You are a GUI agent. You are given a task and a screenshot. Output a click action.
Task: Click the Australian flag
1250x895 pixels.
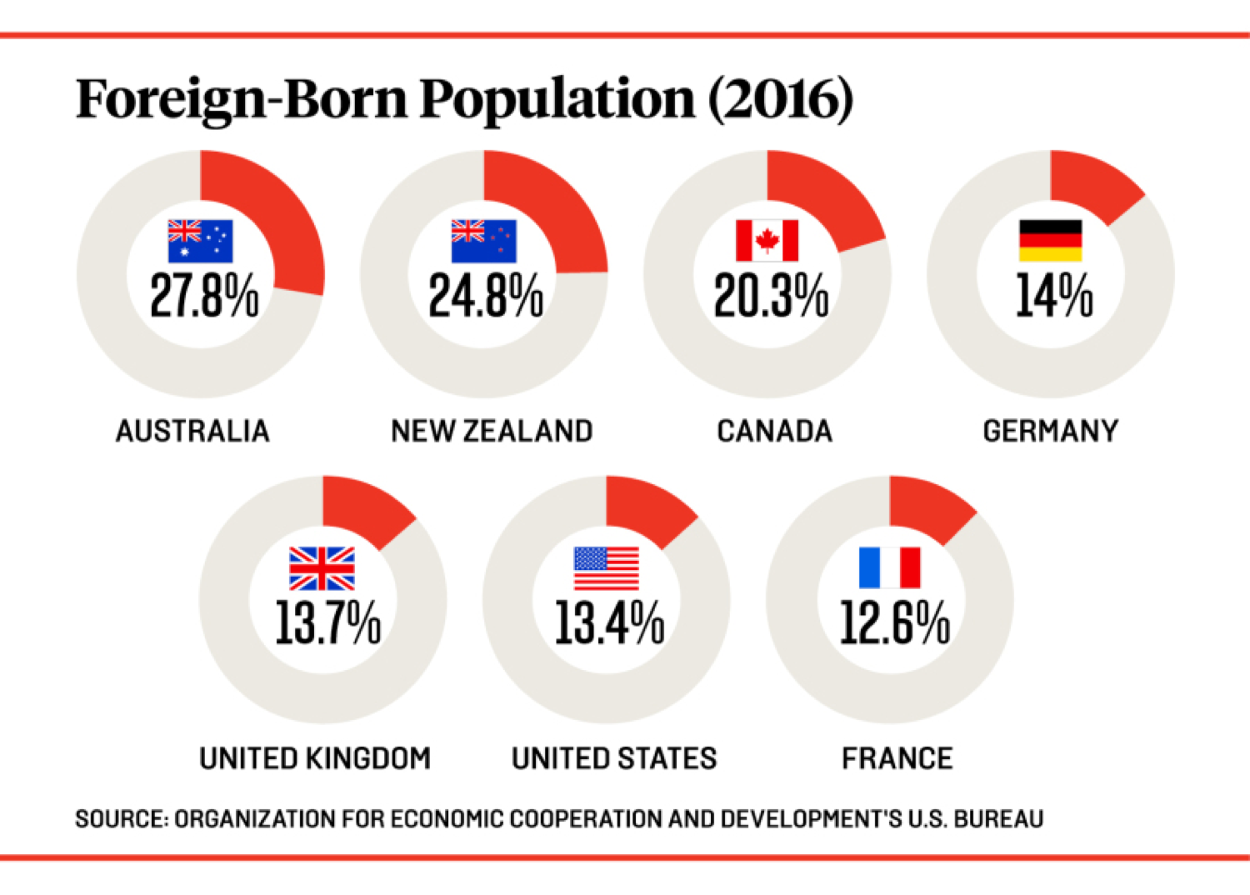200,241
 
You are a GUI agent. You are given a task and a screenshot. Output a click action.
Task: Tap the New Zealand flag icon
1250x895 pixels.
483,241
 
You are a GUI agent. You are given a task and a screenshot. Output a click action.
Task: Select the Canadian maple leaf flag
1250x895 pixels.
767,241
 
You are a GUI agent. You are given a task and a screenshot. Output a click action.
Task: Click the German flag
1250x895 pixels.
1050,241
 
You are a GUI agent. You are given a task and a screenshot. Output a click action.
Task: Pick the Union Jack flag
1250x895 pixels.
322,568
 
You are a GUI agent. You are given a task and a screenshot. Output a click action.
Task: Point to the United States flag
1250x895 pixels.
606,568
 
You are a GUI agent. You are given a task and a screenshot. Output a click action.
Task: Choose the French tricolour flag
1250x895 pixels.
889,568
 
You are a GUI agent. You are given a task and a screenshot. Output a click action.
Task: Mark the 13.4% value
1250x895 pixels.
609,623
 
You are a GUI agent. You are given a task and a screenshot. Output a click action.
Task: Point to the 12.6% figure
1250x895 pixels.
894,623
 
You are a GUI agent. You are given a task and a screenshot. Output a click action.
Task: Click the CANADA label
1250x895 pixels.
774,431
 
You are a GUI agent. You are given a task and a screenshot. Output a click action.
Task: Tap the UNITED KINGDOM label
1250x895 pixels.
315,758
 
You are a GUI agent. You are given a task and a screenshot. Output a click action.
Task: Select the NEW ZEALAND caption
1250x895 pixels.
492,431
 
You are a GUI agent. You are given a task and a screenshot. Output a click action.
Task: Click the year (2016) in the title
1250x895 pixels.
781,100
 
